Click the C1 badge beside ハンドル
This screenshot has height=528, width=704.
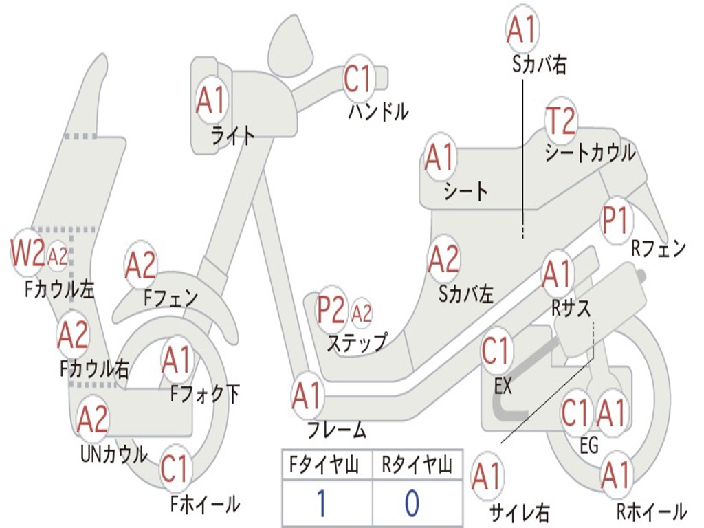[x=357, y=79]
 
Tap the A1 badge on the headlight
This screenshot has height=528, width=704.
[x=210, y=100]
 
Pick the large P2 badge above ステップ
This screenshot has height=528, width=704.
[x=331, y=311]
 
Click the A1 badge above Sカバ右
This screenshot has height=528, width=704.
[x=521, y=30]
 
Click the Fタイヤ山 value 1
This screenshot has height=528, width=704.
[x=321, y=503]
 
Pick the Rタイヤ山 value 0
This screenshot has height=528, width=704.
[x=411, y=503]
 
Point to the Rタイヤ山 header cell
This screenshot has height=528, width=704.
[x=417, y=467]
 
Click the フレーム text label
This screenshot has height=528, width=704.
[x=337, y=431]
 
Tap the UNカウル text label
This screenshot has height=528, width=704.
[x=114, y=454]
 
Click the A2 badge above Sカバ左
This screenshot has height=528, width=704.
[x=443, y=259]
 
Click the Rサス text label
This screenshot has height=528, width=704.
[x=571, y=309]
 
